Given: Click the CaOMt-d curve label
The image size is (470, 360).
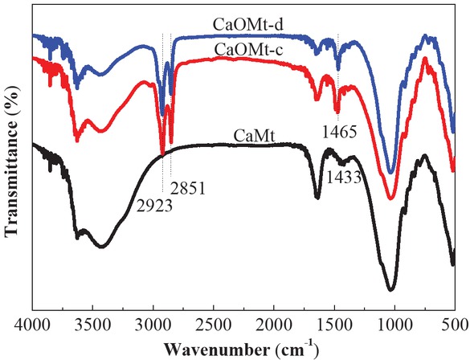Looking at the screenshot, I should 243,24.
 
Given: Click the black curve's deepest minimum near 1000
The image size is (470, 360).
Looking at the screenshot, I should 390,289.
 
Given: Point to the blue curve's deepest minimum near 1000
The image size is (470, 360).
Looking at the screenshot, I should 390,172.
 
